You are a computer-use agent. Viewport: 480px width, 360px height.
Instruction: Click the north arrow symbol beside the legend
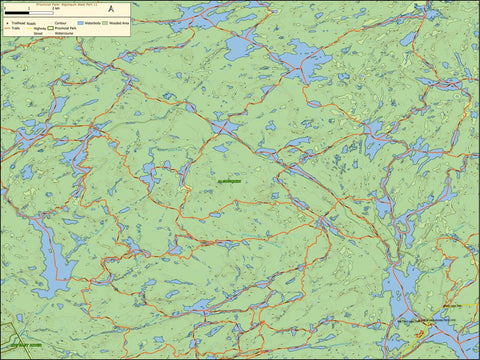(111, 10)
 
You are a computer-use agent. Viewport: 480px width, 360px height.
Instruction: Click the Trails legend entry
(13, 27)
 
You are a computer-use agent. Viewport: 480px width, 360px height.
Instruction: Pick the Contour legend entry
(63, 21)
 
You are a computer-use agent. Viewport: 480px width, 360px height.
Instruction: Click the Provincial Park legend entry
(68, 27)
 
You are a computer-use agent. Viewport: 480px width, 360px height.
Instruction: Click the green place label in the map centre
(229, 181)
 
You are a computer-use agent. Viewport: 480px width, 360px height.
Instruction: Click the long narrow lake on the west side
(50, 250)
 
